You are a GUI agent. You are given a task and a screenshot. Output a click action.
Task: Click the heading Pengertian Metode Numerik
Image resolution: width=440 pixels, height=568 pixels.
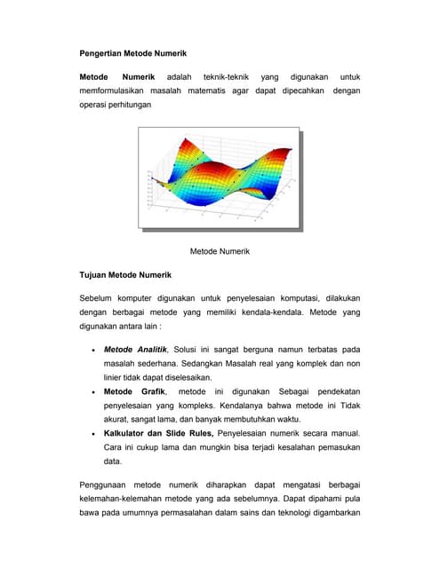(x=133, y=54)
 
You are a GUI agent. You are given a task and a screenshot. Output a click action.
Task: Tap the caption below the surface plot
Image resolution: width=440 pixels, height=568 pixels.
(x=220, y=251)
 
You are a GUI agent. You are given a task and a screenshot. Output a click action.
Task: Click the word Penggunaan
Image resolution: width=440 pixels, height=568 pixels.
(x=103, y=485)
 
